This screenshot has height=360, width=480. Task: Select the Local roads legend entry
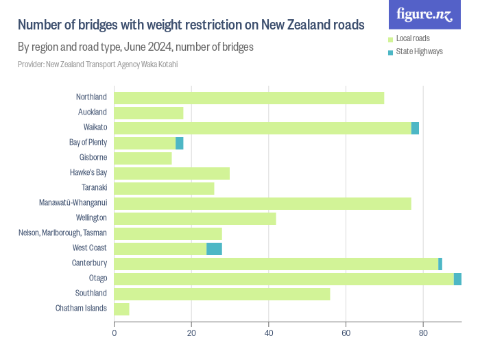413,38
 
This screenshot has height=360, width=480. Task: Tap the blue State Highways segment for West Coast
214,248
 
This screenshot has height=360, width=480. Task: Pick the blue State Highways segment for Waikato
415,128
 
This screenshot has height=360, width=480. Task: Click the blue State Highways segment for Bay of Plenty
180,143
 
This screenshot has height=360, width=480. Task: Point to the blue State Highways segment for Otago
457,278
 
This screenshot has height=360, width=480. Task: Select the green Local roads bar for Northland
249,97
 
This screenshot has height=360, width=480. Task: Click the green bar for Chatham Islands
121,309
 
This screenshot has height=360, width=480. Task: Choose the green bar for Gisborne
143,158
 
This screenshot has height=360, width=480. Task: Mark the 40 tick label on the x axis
269,333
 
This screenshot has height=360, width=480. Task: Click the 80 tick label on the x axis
423,333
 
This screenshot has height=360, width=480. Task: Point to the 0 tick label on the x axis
114,333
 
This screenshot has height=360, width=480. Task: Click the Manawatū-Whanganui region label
73,203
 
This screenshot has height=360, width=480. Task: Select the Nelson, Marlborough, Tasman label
62,233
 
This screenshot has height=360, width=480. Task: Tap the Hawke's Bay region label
88,173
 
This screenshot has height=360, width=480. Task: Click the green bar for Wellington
195,218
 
